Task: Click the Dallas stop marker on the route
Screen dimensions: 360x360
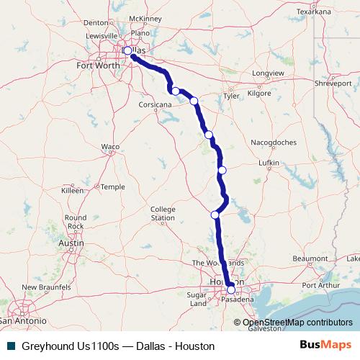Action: pyautogui.click(x=127, y=51)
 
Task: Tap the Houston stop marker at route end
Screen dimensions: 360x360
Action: pyautogui.click(x=230, y=290)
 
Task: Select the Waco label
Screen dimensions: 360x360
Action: pyautogui.click(x=109, y=146)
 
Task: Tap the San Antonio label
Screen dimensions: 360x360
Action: pyautogui.click(x=23, y=319)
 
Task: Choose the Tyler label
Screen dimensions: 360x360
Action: pyautogui.click(x=231, y=95)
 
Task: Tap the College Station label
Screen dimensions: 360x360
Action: pyautogui.click(x=163, y=213)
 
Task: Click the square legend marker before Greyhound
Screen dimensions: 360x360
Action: pyautogui.click(x=10, y=346)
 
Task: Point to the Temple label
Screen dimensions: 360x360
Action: pyautogui.click(x=112, y=186)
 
